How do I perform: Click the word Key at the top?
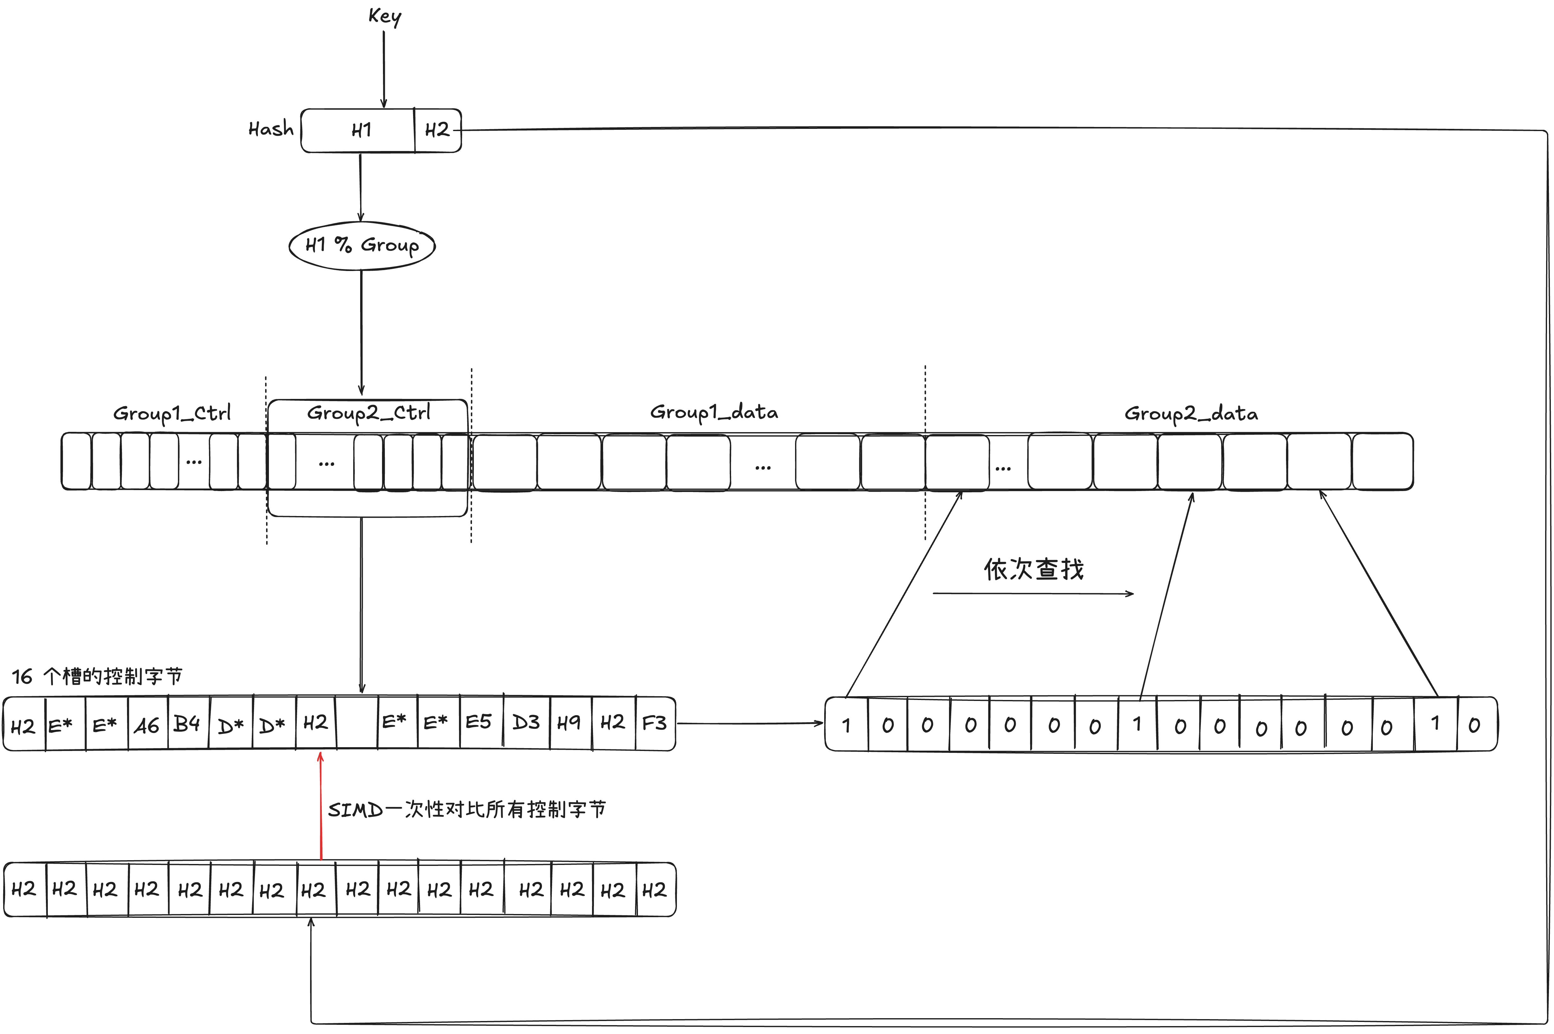pos(385,16)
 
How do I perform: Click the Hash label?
pos(271,129)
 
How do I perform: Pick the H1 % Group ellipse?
pos(361,245)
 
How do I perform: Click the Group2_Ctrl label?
pos(368,413)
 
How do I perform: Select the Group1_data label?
pos(714,412)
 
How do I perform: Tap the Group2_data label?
pos(1191,413)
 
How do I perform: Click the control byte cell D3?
pos(526,723)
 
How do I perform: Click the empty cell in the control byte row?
pos(357,723)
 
